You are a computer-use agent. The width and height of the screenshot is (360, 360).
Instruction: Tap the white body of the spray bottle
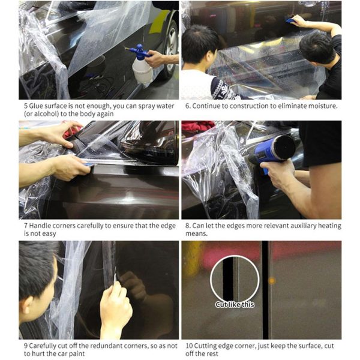[142, 70]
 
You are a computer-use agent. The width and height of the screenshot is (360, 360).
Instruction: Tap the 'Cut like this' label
[235, 305]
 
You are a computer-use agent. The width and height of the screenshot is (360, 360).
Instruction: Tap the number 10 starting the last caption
[188, 346]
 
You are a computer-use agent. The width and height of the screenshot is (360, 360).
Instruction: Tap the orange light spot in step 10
[271, 280]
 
